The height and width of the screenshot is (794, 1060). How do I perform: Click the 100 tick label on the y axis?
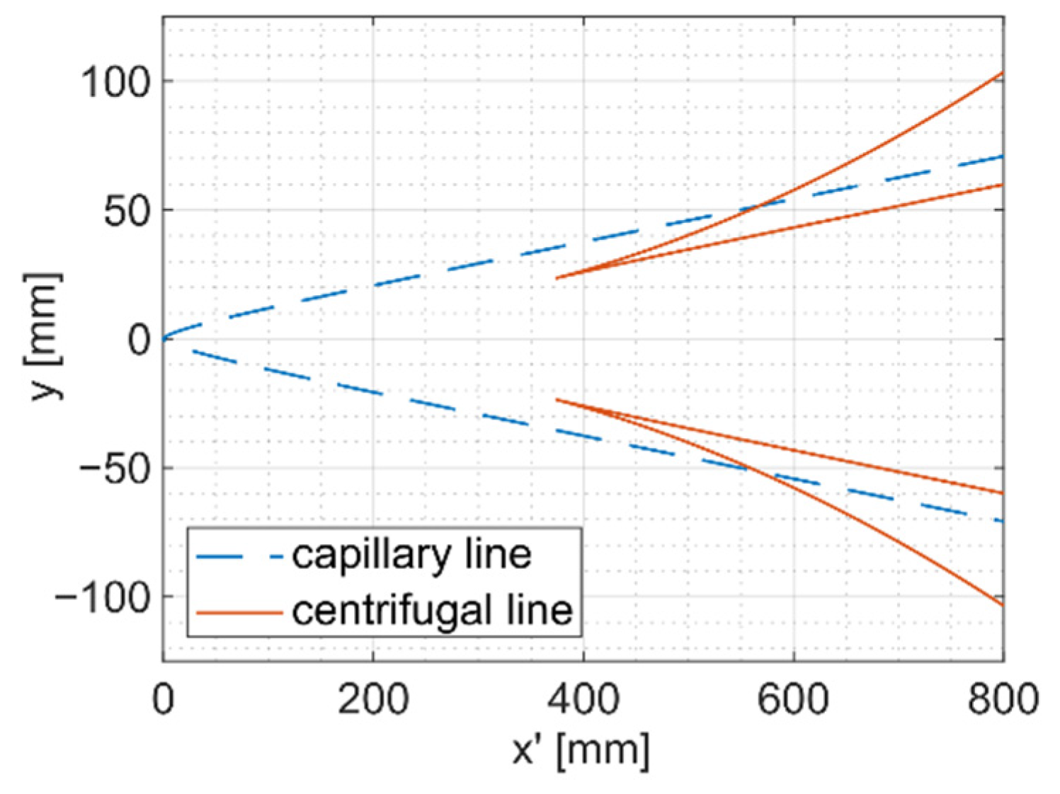click(x=115, y=82)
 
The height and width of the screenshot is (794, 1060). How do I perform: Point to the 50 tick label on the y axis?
click(x=127, y=211)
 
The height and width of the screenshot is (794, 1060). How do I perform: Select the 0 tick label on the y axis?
click(x=139, y=340)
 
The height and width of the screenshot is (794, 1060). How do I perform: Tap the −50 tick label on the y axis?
click(x=115, y=469)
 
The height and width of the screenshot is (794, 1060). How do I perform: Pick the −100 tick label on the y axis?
click(x=103, y=598)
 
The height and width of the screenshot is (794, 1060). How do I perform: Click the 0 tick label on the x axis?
click(x=163, y=699)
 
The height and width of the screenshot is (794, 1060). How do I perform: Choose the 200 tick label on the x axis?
click(x=373, y=699)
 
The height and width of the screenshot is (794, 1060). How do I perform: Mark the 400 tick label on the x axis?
click(x=583, y=699)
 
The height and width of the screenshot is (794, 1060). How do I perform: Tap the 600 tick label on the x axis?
click(x=793, y=699)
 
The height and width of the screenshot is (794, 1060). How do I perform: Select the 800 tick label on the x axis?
click(x=1003, y=699)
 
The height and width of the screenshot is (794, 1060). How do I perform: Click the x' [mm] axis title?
click(x=581, y=750)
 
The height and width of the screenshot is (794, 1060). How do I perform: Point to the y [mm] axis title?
click(x=44, y=337)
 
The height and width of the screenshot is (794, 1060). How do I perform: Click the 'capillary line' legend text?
click(x=411, y=555)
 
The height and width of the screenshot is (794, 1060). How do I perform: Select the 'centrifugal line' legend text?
click(x=432, y=611)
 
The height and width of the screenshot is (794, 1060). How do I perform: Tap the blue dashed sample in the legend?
click(x=239, y=557)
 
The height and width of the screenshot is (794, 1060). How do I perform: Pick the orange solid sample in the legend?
click(x=239, y=612)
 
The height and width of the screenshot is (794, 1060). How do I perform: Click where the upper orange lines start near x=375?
click(x=557, y=278)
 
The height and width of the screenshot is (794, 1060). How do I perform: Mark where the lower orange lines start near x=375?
click(x=557, y=400)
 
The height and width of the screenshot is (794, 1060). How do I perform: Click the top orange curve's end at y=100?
click(x=1002, y=73)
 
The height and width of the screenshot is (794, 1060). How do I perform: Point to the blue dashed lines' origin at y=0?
click(x=164, y=339)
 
